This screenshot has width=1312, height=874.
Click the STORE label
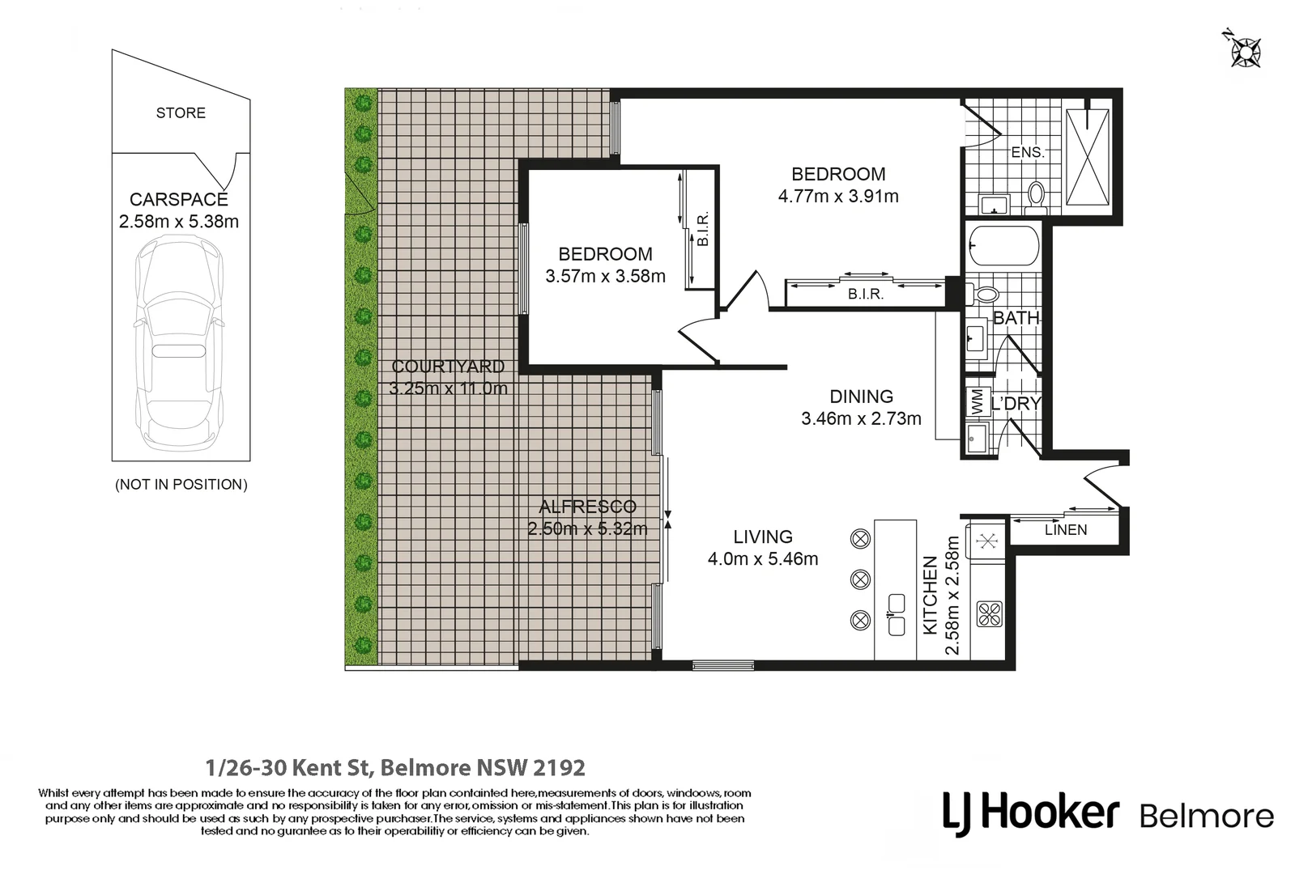tap(181, 113)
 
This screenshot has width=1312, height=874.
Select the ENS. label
tap(1027, 152)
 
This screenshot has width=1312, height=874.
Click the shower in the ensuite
tap(1087, 157)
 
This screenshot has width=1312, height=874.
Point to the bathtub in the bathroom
tap(1003, 245)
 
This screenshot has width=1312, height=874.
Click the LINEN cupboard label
tap(1065, 530)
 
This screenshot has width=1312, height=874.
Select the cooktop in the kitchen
tap(989, 613)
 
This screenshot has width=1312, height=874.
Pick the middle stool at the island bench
tap(860, 579)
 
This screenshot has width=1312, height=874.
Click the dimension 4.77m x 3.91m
tap(838, 197)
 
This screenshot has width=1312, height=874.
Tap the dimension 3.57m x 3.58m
tap(605, 277)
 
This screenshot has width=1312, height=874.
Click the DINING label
tap(861, 397)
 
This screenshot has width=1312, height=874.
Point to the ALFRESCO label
tap(588, 507)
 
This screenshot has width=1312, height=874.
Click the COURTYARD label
tap(448, 367)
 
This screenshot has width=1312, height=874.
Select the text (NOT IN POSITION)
tap(181, 485)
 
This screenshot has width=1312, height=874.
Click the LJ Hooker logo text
tap(1030, 812)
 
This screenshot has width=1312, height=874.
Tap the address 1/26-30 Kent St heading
tap(395, 766)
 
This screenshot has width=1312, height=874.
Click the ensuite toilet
tap(1034, 194)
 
